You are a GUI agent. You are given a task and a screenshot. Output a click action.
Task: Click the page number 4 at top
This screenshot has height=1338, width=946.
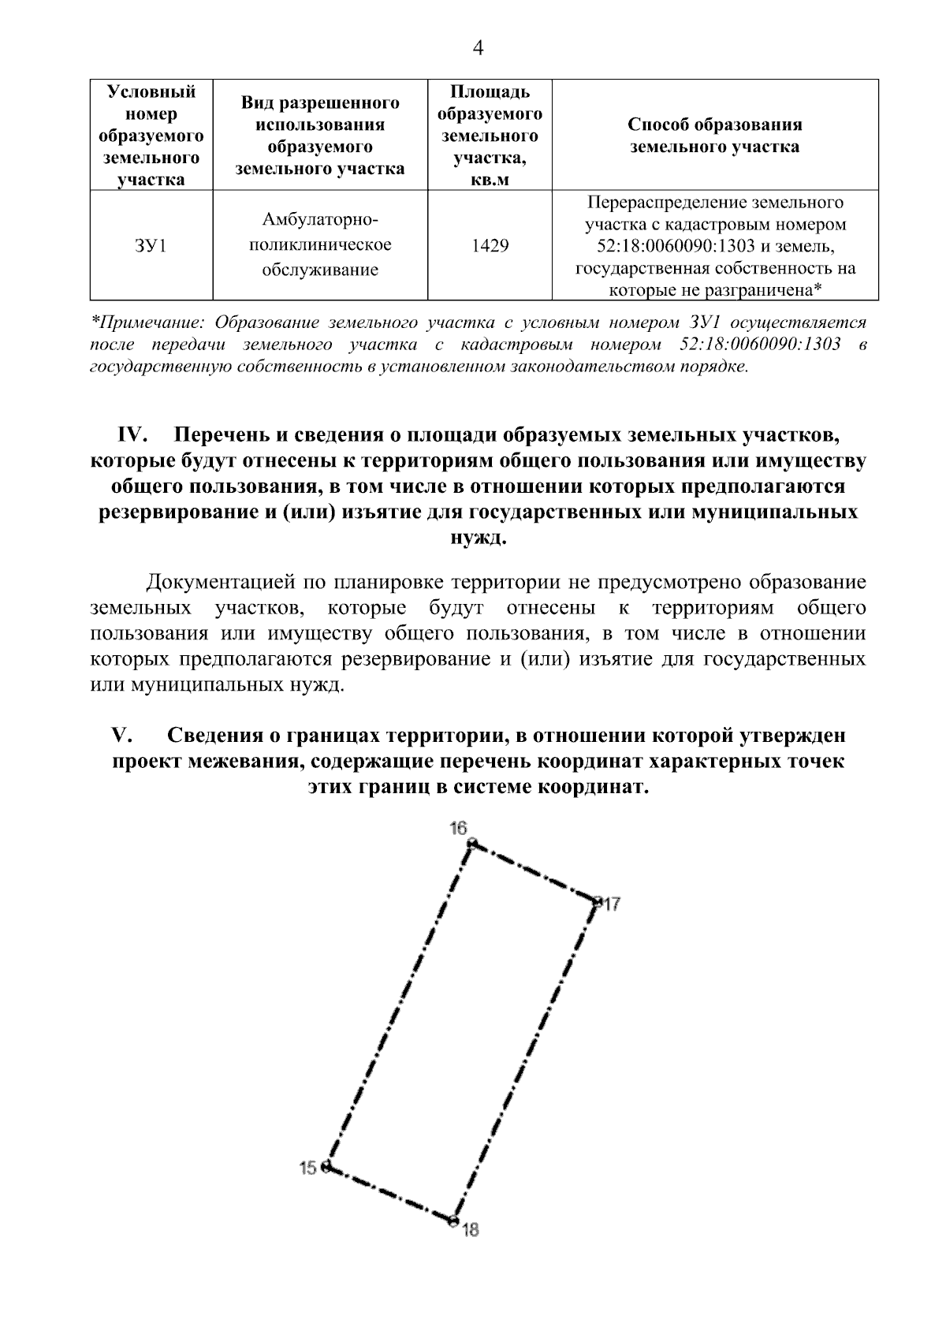pyautogui.click(x=477, y=49)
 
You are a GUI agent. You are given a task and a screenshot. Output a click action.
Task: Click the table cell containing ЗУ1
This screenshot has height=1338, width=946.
pyautogui.click(x=151, y=246)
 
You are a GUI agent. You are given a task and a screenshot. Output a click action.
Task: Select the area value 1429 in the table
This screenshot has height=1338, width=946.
pyautogui.click(x=490, y=246)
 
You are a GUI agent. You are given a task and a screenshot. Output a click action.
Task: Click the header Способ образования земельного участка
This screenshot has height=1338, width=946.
pyautogui.click(x=714, y=135)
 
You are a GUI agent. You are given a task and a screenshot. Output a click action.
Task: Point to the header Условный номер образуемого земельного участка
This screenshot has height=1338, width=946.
pyautogui.click(x=151, y=135)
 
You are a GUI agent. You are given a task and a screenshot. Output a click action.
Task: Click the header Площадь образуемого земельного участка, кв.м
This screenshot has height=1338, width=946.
pyautogui.click(x=490, y=135)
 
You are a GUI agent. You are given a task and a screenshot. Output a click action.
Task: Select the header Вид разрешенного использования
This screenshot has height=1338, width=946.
pyautogui.click(x=320, y=135)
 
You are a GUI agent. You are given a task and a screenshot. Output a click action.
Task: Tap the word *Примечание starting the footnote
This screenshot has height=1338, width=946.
pyautogui.click(x=149, y=322)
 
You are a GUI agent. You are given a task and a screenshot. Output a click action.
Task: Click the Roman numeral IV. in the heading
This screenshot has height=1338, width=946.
pyautogui.click(x=133, y=435)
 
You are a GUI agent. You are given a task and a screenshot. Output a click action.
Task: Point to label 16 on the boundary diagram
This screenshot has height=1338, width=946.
pyautogui.click(x=459, y=827)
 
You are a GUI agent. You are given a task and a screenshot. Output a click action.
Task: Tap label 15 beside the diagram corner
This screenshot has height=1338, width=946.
pyautogui.click(x=307, y=1168)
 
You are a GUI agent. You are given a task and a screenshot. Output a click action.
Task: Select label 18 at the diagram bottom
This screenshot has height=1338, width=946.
pyautogui.click(x=471, y=1229)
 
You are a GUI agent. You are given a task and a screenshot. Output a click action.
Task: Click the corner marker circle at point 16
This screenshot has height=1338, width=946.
pyautogui.click(x=472, y=844)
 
